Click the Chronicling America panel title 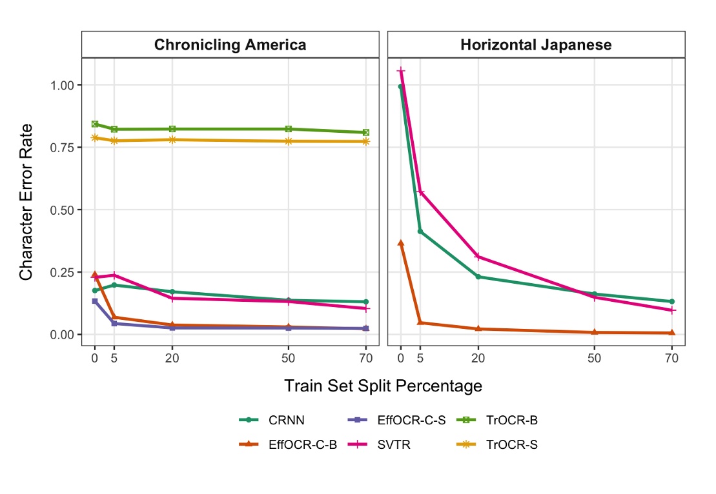pos(230,44)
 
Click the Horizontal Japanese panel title pos(536,44)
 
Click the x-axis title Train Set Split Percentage pos(383,386)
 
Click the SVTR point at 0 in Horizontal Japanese pos(401,71)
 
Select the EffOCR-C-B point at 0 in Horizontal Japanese pos(401,243)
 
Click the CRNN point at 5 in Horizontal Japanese pos(420,231)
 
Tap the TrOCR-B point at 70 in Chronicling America pos(365,132)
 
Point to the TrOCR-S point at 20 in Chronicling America pos(172,139)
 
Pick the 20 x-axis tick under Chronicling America pos(172,359)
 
